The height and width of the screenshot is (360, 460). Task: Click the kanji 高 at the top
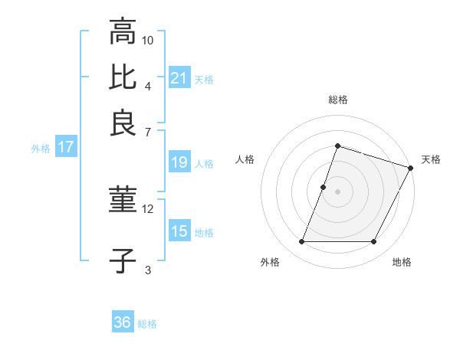coord(123,32)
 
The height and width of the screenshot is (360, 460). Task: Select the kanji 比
coord(123,77)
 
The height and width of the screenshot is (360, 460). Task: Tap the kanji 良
coord(123,123)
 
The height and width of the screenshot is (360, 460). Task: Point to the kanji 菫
coord(123,201)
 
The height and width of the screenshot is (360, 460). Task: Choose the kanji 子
coord(123,260)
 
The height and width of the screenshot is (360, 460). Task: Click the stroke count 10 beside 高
coord(148,40)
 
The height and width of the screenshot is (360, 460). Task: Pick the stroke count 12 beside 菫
coord(148,208)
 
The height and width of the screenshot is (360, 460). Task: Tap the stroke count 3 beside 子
coord(148,269)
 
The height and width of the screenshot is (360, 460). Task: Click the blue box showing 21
coord(179,77)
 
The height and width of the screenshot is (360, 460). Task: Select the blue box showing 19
coord(179,162)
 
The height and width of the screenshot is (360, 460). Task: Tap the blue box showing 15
coord(179,231)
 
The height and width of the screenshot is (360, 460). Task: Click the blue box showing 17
coord(65,148)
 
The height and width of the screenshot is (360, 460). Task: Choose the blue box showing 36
coord(123,322)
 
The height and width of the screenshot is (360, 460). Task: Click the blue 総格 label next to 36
coord(147,324)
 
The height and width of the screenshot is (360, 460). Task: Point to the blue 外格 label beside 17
coord(40,149)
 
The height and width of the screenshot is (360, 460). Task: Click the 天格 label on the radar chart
coord(431,159)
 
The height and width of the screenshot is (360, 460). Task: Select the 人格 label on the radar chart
coord(245,159)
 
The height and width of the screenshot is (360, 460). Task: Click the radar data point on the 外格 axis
coord(301,242)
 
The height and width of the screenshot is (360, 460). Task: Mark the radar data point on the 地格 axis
coord(374,242)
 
